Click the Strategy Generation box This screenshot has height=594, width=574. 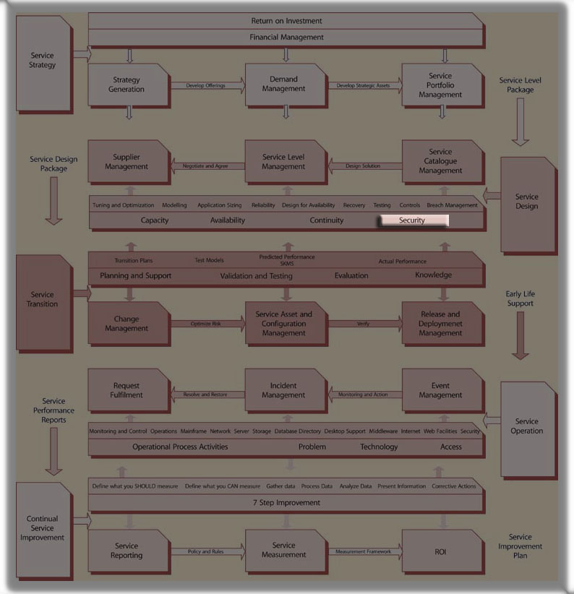click(x=127, y=85)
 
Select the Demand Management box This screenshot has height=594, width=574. click(x=283, y=85)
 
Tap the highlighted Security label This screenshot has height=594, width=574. click(x=413, y=220)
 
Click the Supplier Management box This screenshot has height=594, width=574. click(x=127, y=162)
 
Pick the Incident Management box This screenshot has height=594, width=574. click(x=283, y=391)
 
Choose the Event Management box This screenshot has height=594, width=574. click(x=440, y=391)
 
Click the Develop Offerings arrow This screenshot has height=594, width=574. click(x=207, y=85)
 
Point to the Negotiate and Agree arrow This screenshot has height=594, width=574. click(x=205, y=166)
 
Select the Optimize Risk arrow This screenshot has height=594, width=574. click(x=207, y=324)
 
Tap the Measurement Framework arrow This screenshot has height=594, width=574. click(x=364, y=552)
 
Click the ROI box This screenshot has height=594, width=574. click(x=440, y=551)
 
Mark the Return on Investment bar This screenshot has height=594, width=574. click(x=286, y=21)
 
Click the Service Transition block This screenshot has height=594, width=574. click(x=44, y=299)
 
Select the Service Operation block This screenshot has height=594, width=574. click(x=527, y=426)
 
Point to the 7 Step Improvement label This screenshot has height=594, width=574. click(x=286, y=502)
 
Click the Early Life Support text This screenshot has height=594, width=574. click(x=521, y=299)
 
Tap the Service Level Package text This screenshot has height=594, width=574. click(x=521, y=85)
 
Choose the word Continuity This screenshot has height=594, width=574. click(x=327, y=220)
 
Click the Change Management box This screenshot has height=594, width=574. click(x=127, y=324)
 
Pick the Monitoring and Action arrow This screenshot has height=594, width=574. click(x=363, y=395)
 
